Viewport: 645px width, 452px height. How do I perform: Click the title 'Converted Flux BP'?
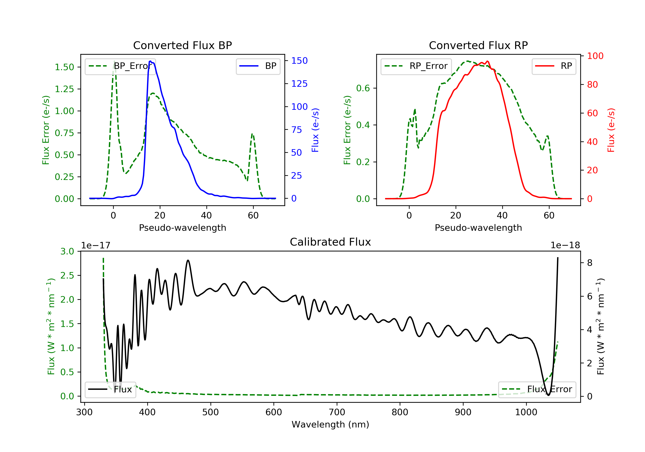pyautogui.click(x=182, y=45)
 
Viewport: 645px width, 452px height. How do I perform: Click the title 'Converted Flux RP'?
pyautogui.click(x=478, y=45)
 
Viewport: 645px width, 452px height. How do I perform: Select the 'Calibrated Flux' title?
pyautogui.click(x=330, y=242)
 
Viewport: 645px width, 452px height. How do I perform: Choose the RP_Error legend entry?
pyautogui.click(x=416, y=66)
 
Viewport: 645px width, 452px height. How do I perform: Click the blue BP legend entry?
pyautogui.click(x=258, y=66)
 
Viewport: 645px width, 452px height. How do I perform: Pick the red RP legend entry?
pyautogui.click(x=554, y=66)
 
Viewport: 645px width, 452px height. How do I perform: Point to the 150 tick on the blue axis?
pyautogui.click(x=299, y=60)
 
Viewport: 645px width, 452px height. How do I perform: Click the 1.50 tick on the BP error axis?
pyautogui.click(x=64, y=67)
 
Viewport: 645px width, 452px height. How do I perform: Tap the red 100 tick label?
pyautogui.click(x=595, y=56)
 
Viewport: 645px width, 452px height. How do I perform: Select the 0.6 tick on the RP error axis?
pyautogui.click(x=363, y=88)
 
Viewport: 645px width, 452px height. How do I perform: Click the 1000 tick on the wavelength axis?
pyautogui.click(x=526, y=412)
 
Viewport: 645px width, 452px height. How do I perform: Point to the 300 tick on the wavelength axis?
pyautogui.click(x=84, y=412)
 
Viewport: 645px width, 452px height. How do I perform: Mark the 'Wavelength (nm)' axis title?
pyautogui.click(x=330, y=424)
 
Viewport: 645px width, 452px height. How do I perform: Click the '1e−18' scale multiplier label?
pyautogui.click(x=565, y=245)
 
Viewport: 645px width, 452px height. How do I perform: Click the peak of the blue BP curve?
pyautogui.click(x=150, y=61)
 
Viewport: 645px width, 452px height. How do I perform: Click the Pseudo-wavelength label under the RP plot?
pyautogui.click(x=478, y=228)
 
